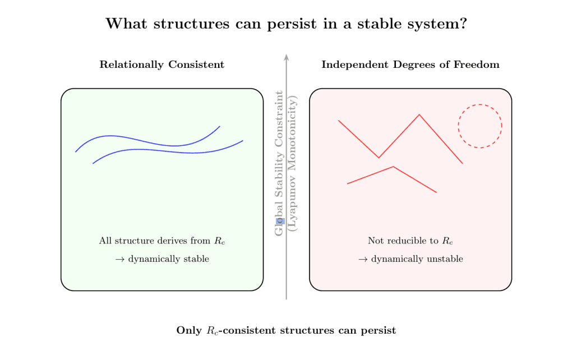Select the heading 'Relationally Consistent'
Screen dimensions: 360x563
pyautogui.click(x=161, y=64)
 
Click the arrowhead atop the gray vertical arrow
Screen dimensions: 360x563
pyautogui.click(x=287, y=57)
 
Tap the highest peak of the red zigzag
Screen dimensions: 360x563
pyautogui.click(x=419, y=115)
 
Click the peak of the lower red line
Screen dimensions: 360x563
pyautogui.click(x=394, y=167)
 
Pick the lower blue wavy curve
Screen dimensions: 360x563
pyautogui.click(x=168, y=150)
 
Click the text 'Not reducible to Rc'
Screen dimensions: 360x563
pyautogui.click(x=410, y=241)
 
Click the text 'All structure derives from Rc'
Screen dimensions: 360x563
pyautogui.click(x=162, y=241)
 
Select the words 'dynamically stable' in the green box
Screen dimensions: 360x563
pyautogui.click(x=168, y=259)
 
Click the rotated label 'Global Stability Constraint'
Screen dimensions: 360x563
pyautogui.click(x=279, y=163)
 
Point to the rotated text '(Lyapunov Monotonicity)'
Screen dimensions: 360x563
pyautogui.click(x=292, y=163)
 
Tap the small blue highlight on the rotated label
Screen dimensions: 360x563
pyautogui.click(x=281, y=221)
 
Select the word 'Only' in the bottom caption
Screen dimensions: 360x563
pyautogui.click(x=188, y=330)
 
